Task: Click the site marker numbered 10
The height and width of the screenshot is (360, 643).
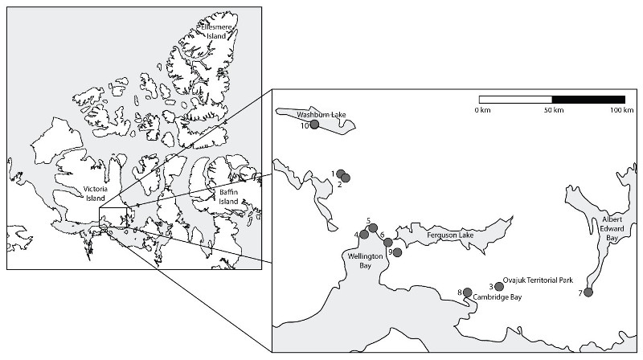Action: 315,125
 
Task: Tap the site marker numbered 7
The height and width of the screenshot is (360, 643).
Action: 588,292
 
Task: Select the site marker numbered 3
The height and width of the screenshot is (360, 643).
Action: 499,287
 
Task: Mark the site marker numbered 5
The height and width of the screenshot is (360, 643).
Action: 373,228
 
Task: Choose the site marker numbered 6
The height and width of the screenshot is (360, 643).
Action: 388,242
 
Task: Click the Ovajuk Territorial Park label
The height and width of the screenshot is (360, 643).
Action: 537,281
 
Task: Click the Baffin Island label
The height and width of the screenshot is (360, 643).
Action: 229,196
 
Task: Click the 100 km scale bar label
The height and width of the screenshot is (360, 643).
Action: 618,109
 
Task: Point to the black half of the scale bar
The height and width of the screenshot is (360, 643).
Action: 588,99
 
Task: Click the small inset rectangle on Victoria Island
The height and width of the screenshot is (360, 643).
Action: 113,218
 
